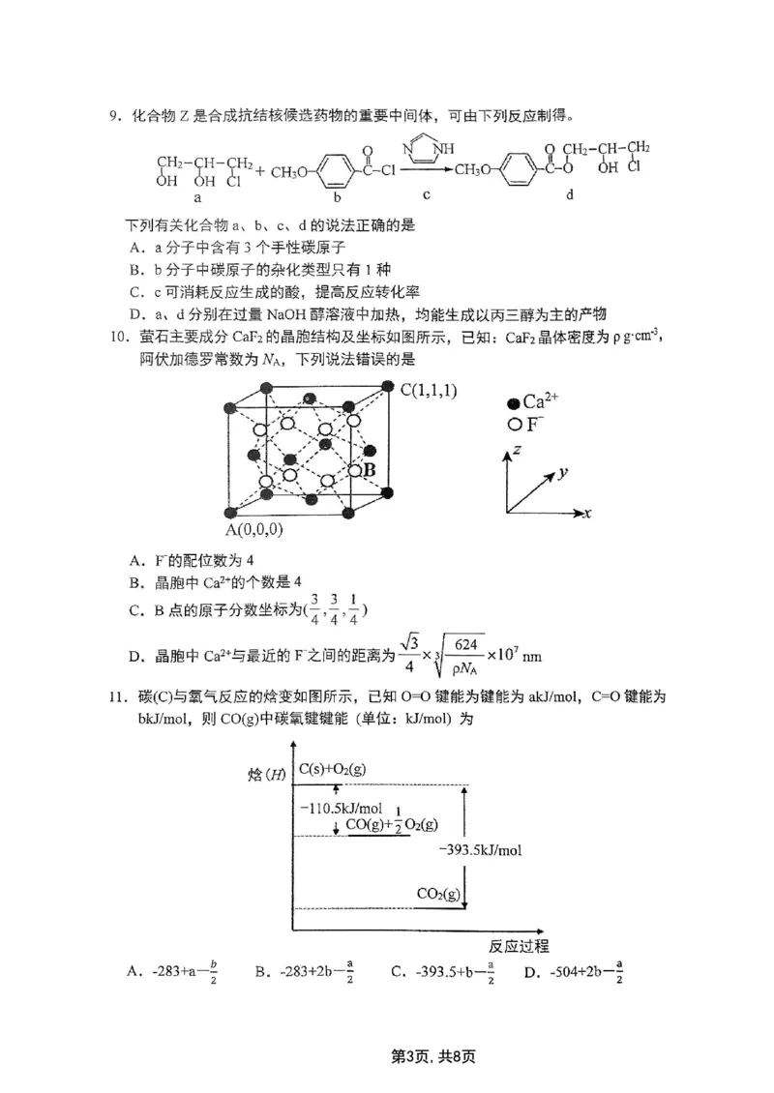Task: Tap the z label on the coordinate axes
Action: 520,450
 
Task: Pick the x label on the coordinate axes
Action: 587,511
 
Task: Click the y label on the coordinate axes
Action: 561,474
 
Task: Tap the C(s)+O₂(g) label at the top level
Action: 332,769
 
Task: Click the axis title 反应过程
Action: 519,945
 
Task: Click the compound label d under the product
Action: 570,194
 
